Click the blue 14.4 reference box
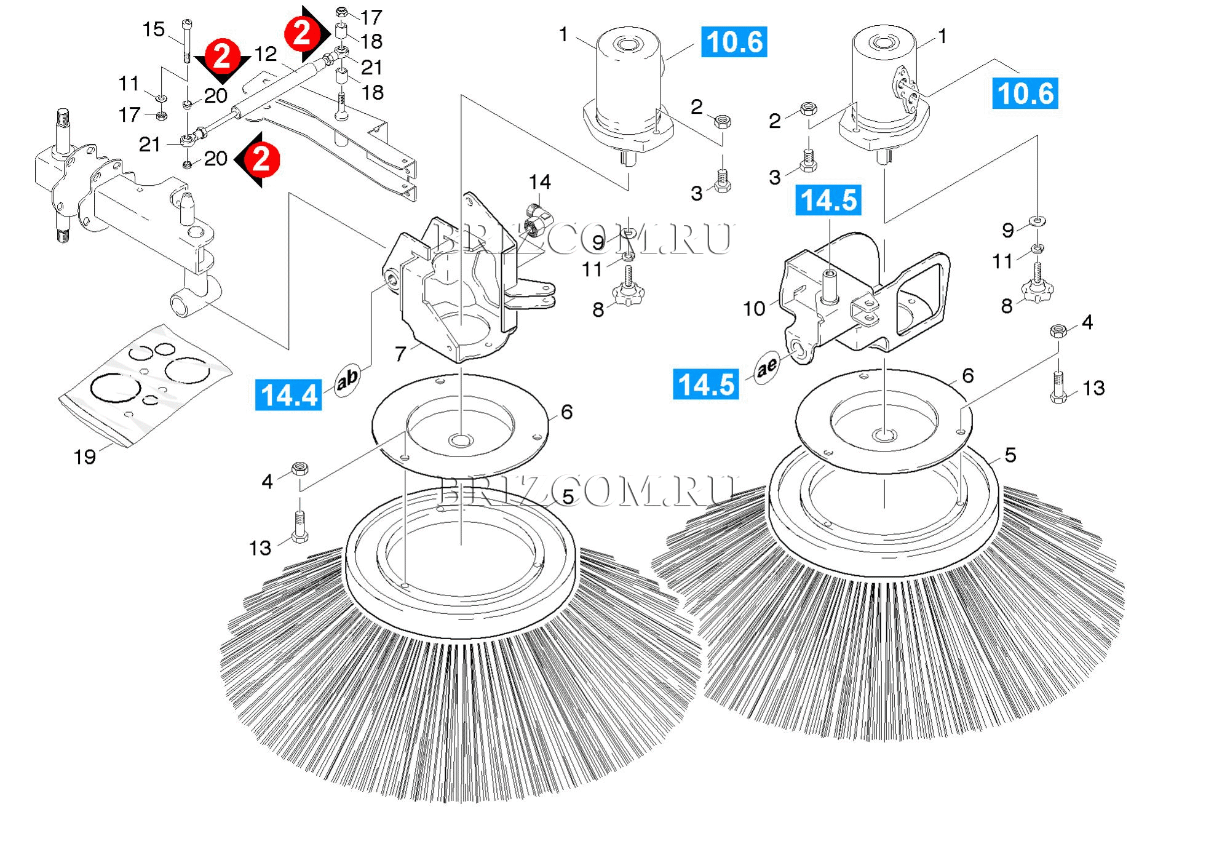pos(288,394)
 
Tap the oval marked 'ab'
pos(347,379)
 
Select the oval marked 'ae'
pos(768,368)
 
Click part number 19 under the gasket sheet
pos(85,456)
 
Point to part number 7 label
pos(400,354)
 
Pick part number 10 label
pos(755,308)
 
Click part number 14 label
pos(539,182)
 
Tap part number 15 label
pos(154,30)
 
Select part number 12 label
pos(266,54)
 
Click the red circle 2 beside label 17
pos(302,33)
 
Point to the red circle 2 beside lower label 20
pos(261,159)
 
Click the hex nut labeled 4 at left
pos(300,469)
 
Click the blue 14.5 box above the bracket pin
pos(828,201)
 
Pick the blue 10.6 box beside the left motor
pos(734,42)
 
